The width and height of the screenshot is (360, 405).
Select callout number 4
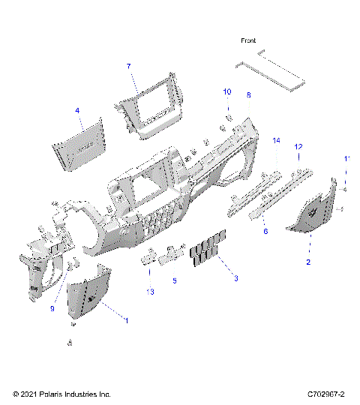point(76,111)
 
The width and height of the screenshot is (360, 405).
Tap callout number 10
point(227,91)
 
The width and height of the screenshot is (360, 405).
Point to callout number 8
point(248,95)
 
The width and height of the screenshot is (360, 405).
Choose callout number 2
point(307,262)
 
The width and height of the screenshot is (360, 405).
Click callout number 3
point(236,278)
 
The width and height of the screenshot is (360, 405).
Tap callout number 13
point(150,292)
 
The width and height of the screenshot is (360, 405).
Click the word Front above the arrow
point(248,40)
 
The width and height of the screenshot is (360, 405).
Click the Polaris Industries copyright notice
point(61,394)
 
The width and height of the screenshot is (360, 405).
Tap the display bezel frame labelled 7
point(150,109)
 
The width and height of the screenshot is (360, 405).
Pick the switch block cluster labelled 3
point(207,250)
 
